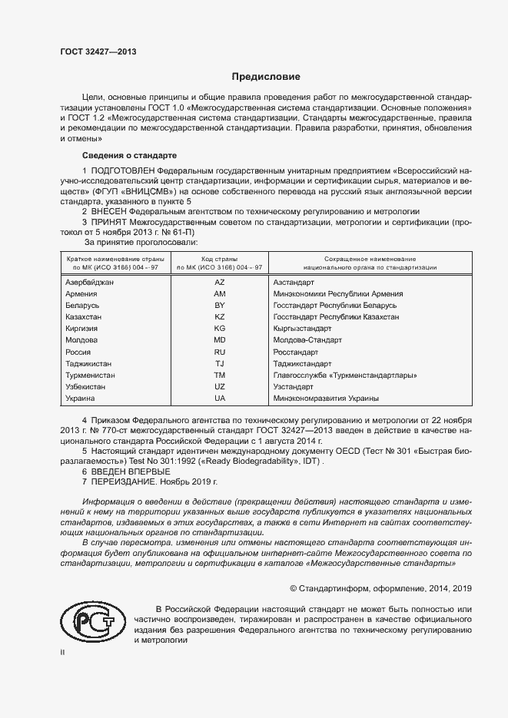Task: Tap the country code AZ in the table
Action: point(220,283)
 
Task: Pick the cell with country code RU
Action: point(220,352)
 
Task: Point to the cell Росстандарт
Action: point(296,352)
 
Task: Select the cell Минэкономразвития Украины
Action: point(326,399)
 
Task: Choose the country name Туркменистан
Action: point(91,376)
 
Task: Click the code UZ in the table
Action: point(220,387)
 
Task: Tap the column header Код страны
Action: point(220,260)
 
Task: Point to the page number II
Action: point(64,651)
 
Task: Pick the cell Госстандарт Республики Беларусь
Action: point(335,306)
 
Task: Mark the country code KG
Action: point(220,329)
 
